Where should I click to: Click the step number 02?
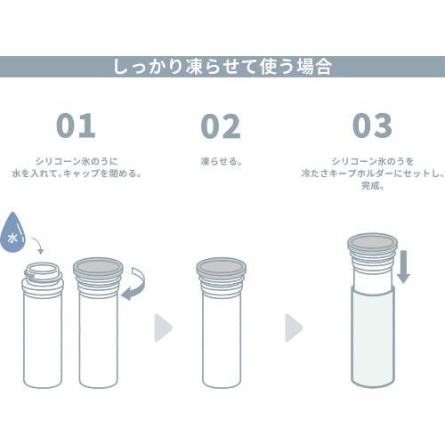point(220,125)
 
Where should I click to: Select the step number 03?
point(372,125)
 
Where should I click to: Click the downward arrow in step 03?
point(403,266)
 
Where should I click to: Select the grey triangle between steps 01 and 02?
point(162,328)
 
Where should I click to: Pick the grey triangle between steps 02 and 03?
point(293,328)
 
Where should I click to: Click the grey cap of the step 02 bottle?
point(220,270)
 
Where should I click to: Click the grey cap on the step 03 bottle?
point(372,248)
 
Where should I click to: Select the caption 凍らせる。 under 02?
point(221,162)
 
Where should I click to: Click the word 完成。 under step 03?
point(372,186)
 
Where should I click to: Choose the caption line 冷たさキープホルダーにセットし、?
point(372,174)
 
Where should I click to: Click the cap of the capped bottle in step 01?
point(98,270)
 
